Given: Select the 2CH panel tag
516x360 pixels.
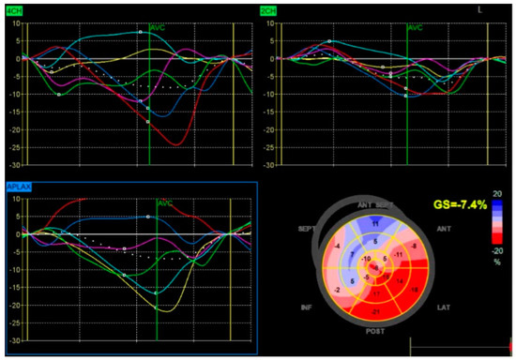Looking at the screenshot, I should click(x=271, y=9).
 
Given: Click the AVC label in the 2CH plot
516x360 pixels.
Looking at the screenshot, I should click(x=417, y=28).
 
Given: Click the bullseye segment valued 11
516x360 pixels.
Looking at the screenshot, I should click(x=375, y=223).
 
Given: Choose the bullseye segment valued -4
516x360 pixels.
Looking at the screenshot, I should click(x=336, y=247).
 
